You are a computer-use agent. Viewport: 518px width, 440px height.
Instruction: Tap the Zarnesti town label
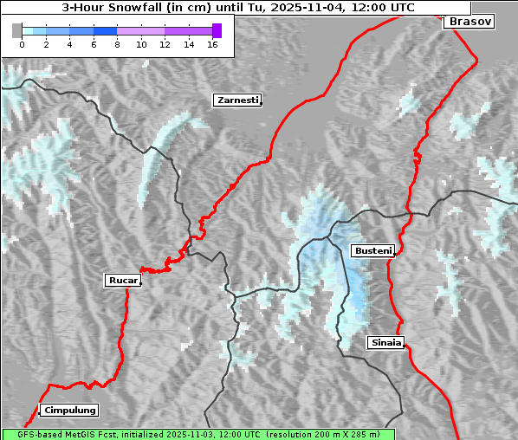tap(236, 100)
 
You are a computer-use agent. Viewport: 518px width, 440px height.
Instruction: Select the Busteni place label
tap(372, 250)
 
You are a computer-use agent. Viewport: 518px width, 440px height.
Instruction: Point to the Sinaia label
tap(385, 342)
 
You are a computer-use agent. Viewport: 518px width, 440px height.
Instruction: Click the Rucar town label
tap(122, 280)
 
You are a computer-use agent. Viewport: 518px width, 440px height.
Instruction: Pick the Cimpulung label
tap(69, 410)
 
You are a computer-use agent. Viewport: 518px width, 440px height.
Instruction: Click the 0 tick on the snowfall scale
tap(22, 43)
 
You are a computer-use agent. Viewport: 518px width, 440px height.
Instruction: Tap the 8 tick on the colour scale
tap(117, 43)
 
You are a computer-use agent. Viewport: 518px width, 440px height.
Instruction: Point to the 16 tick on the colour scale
tap(212, 43)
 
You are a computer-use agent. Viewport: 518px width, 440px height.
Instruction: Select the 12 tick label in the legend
tap(165, 43)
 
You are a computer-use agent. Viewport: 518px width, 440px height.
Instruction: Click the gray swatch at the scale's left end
tap(17, 30)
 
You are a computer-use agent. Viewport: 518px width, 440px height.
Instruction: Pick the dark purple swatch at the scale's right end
tap(217, 30)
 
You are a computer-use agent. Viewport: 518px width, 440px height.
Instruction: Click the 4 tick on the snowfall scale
tap(69, 43)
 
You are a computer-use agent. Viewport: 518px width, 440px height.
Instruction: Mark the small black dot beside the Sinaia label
tap(405, 346)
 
